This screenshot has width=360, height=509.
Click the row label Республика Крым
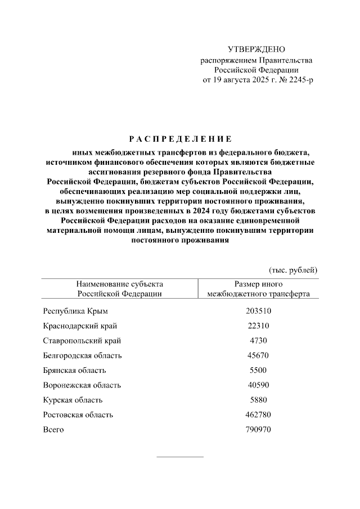(75, 311)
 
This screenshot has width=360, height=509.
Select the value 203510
(258, 311)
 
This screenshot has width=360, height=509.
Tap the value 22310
(258, 326)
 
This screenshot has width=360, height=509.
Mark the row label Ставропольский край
(82, 341)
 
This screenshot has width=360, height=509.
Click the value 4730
(258, 341)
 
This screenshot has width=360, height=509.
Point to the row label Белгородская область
(82, 355)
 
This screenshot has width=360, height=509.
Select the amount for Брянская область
(258, 370)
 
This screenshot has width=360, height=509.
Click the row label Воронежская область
(82, 385)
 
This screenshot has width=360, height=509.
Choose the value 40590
(258, 385)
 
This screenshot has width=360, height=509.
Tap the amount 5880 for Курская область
(258, 400)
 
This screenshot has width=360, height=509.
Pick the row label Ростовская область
(78, 415)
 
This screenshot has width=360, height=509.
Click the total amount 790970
(258, 430)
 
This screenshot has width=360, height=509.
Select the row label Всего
(53, 430)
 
